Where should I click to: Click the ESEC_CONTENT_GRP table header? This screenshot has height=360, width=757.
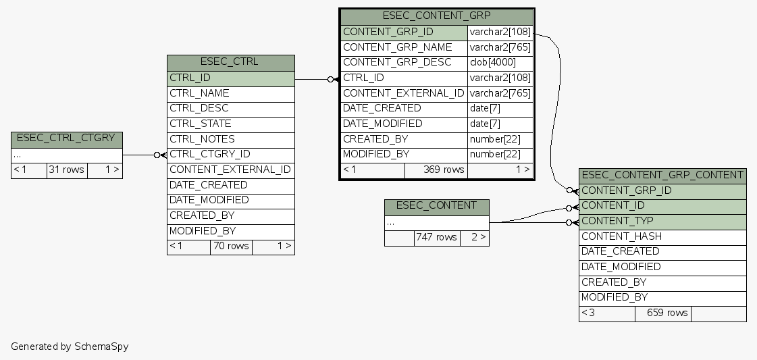point(436,16)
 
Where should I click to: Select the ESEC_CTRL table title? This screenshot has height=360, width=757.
point(230,62)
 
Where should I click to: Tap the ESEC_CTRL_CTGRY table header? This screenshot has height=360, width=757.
point(66,139)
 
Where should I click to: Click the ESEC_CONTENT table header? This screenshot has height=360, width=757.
point(436,206)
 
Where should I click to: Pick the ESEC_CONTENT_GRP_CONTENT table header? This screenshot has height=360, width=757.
point(662,176)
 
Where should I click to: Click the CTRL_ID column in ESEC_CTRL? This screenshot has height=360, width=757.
point(230,78)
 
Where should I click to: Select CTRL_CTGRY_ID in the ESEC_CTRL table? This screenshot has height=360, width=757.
point(230,155)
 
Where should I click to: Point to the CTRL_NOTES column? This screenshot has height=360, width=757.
point(230,139)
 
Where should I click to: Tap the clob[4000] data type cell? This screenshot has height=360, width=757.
point(500,62)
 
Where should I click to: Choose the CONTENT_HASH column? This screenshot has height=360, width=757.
point(662,236)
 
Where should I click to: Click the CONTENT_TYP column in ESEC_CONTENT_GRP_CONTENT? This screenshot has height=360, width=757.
point(662,221)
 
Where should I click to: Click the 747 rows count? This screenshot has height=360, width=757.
point(436,238)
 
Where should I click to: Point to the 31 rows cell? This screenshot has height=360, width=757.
point(66,170)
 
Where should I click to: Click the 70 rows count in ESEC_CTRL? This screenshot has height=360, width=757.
point(231,247)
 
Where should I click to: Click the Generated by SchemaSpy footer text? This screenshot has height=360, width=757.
point(70,346)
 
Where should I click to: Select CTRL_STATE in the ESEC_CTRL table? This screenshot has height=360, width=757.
point(230,124)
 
